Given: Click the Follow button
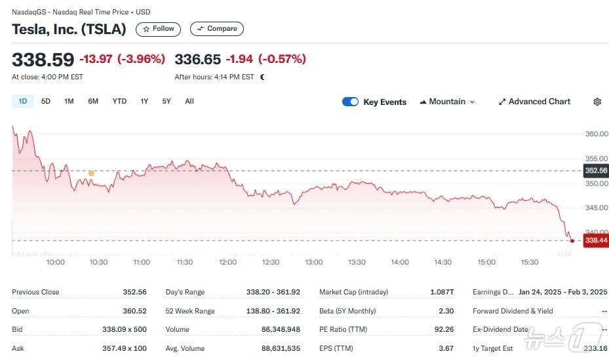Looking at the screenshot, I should (x=158, y=29).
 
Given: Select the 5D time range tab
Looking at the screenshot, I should (x=46, y=101).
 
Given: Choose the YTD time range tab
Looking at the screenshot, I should (x=119, y=101).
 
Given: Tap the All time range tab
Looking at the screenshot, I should (x=189, y=101).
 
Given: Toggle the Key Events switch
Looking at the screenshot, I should (x=350, y=102).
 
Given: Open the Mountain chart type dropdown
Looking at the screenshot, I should (x=447, y=102).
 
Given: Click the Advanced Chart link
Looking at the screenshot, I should (x=534, y=102).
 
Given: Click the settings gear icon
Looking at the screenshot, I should (x=597, y=102).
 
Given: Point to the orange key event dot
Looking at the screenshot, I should (x=91, y=173).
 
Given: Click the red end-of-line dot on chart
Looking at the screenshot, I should (x=572, y=241).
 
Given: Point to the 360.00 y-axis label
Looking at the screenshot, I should (x=596, y=134).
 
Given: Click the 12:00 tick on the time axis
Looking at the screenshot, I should (x=227, y=262).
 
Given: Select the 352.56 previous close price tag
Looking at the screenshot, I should (x=595, y=170).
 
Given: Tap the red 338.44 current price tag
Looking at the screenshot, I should (x=596, y=241).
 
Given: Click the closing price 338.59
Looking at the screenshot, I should (x=43, y=60).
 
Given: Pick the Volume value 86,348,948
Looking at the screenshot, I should (x=281, y=330).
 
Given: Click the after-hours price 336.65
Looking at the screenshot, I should (x=197, y=60).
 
